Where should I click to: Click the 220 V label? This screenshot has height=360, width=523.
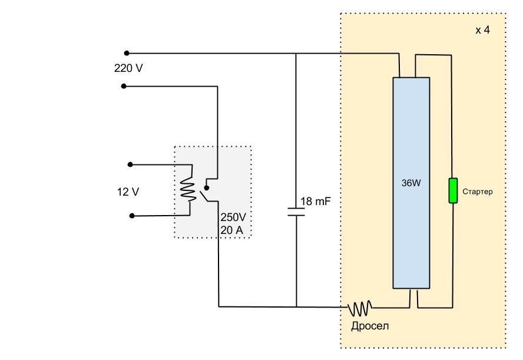pyautogui.click(x=128, y=68)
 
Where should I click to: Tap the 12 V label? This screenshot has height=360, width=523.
pyautogui.click(x=128, y=192)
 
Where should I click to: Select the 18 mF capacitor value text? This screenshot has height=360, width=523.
pyautogui.click(x=316, y=201)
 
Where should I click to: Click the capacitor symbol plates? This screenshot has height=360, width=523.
pyautogui.click(x=296, y=212)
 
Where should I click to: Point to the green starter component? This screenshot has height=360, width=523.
pyautogui.click(x=453, y=190)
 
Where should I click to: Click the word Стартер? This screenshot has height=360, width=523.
pyautogui.click(x=477, y=191)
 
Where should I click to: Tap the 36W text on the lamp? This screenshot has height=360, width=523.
pyautogui.click(x=411, y=183)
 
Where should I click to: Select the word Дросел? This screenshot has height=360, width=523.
pyautogui.click(x=370, y=326)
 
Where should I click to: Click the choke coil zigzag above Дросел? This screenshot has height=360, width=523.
pyautogui.click(x=360, y=308)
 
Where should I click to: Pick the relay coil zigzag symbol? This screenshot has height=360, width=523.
pyautogui.click(x=188, y=189)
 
